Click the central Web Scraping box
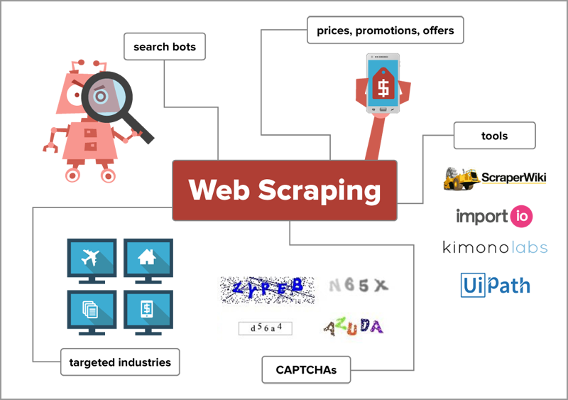(x=284, y=190)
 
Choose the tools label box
(x=494, y=135)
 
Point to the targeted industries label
(x=120, y=362)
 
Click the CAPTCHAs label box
(x=307, y=369)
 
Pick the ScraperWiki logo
(x=495, y=178)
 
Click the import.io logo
(x=494, y=216)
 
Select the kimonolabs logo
(x=495, y=247)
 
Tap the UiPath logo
(x=495, y=285)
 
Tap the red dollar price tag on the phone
(x=383, y=86)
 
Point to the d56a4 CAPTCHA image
(x=265, y=328)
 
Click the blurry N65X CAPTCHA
(x=359, y=286)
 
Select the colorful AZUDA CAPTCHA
(x=353, y=326)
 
